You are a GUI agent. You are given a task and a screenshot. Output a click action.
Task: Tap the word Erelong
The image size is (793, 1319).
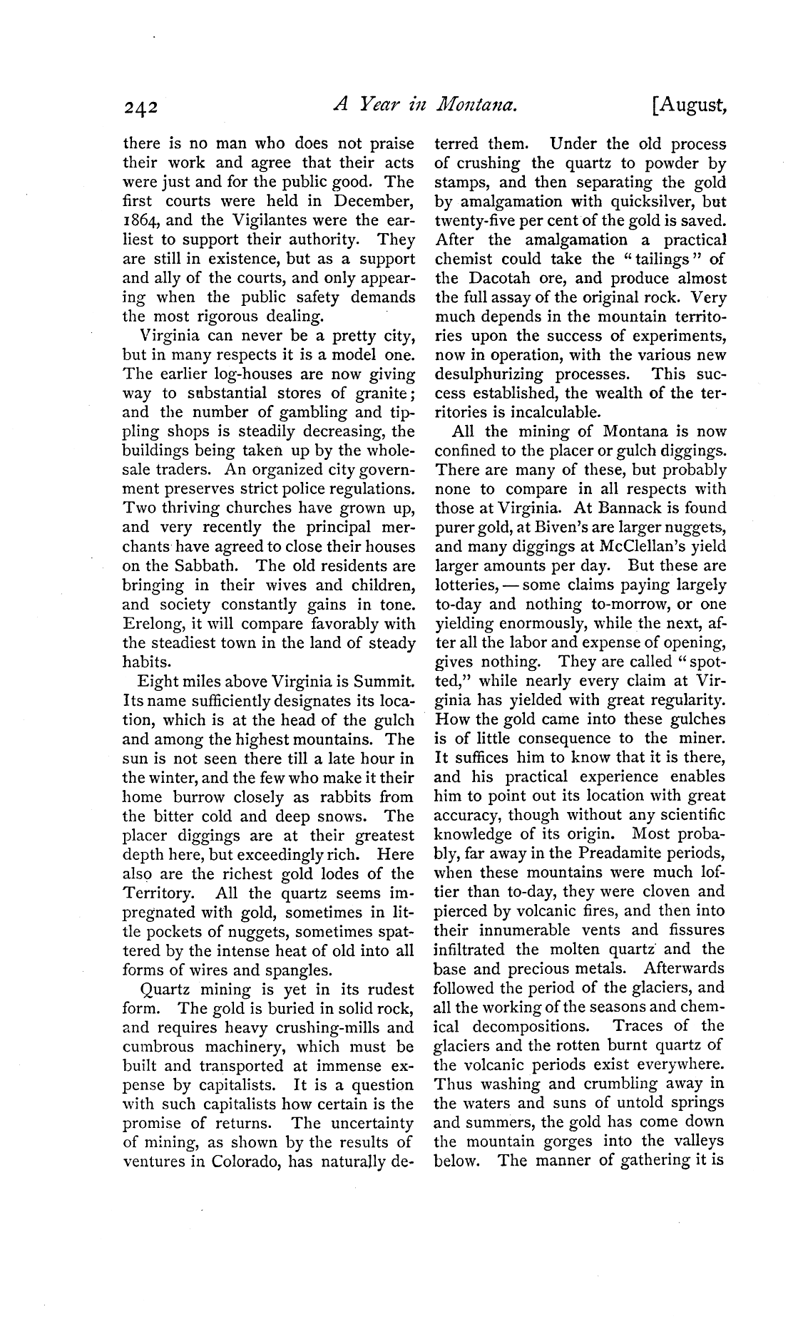152,624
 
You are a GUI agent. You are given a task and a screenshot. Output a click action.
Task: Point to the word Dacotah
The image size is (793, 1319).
491,279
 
